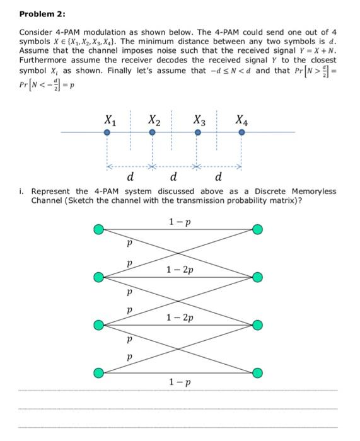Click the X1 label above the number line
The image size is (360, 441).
109,119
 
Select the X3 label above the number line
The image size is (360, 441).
199,119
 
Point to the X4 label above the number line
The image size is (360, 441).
241,119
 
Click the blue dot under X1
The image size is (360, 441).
108,132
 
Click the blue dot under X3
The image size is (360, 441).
198,132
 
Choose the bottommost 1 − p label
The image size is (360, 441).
180,382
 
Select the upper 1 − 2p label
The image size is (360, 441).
180,270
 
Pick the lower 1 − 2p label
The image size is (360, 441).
180,318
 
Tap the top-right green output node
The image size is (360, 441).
257,230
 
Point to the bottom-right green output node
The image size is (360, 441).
257,374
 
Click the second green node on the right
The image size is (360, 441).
257,278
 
